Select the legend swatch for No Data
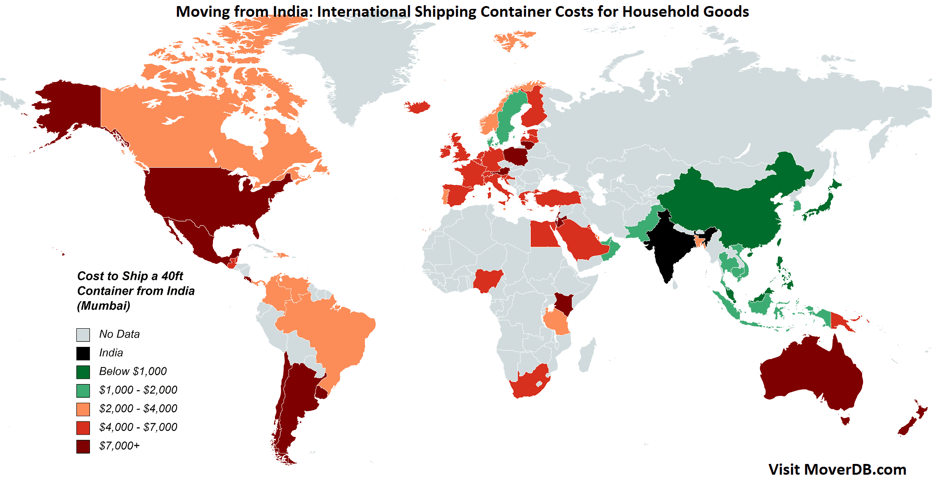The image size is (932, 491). [x=83, y=334]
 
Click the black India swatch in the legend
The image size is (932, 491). [x=83, y=353]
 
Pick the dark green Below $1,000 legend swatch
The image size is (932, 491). [x=83, y=372]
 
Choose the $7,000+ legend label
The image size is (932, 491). [x=119, y=446]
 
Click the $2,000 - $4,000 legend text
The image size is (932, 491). [x=138, y=408]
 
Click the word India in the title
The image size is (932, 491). [x=292, y=11]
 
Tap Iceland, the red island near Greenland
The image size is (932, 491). [x=418, y=107]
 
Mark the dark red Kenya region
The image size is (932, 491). [x=563, y=304]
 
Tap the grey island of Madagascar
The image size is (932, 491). [x=588, y=354]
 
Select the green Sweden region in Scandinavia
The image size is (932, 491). [x=510, y=117]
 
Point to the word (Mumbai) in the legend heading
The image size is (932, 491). [x=103, y=305]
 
